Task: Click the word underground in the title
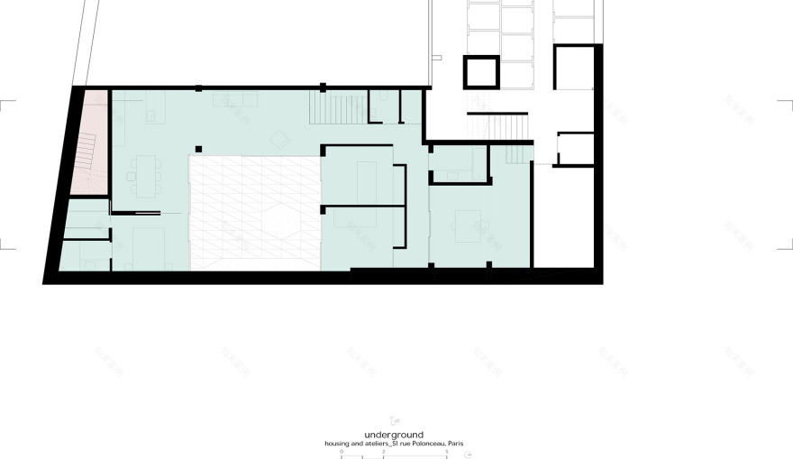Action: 394,435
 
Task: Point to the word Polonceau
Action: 423,444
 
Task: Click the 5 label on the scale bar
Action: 447,451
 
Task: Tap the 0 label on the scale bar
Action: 342,451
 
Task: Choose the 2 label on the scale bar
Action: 384,451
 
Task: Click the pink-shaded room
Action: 95,144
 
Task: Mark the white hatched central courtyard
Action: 254,212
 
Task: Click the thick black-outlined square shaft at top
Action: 481,71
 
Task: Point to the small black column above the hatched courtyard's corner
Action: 198,149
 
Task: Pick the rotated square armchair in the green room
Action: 281,138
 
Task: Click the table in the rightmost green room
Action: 469,225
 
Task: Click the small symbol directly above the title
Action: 393,420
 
